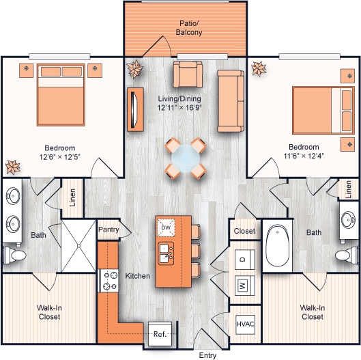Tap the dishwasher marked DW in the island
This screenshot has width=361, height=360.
[166, 227]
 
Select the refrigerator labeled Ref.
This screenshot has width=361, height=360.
[160, 335]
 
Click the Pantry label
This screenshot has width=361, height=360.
[109, 230]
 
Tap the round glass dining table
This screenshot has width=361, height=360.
[185, 158]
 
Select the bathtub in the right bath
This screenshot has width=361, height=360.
[278, 247]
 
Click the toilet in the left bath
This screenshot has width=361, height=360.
[14, 255]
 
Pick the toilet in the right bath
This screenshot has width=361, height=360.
[346, 255]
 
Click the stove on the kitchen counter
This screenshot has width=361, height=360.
[109, 280]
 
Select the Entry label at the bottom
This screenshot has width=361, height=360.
[207, 355]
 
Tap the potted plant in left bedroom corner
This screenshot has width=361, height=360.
[12, 167]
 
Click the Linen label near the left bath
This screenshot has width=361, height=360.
[72, 197]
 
